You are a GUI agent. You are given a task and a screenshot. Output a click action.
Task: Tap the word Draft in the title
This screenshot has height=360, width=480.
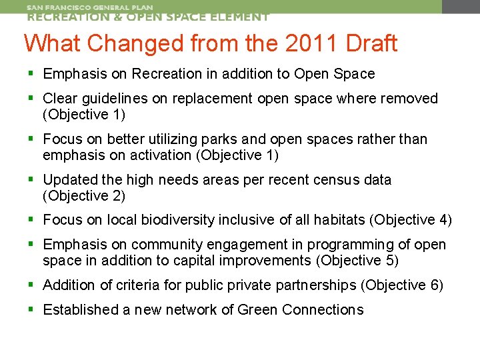[x=370, y=43]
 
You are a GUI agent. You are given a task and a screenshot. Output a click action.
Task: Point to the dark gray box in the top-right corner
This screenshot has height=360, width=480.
[x=461, y=7]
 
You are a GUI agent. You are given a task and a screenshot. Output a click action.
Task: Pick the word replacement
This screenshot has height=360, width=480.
[x=212, y=99]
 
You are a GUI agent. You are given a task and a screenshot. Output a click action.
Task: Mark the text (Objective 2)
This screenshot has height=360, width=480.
[x=84, y=196]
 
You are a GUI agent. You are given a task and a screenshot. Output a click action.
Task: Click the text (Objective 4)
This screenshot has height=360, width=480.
[x=411, y=220]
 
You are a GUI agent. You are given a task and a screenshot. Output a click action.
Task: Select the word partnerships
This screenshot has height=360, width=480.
[x=311, y=285]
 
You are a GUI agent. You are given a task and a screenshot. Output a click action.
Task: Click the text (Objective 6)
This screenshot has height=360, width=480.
[x=402, y=285]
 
